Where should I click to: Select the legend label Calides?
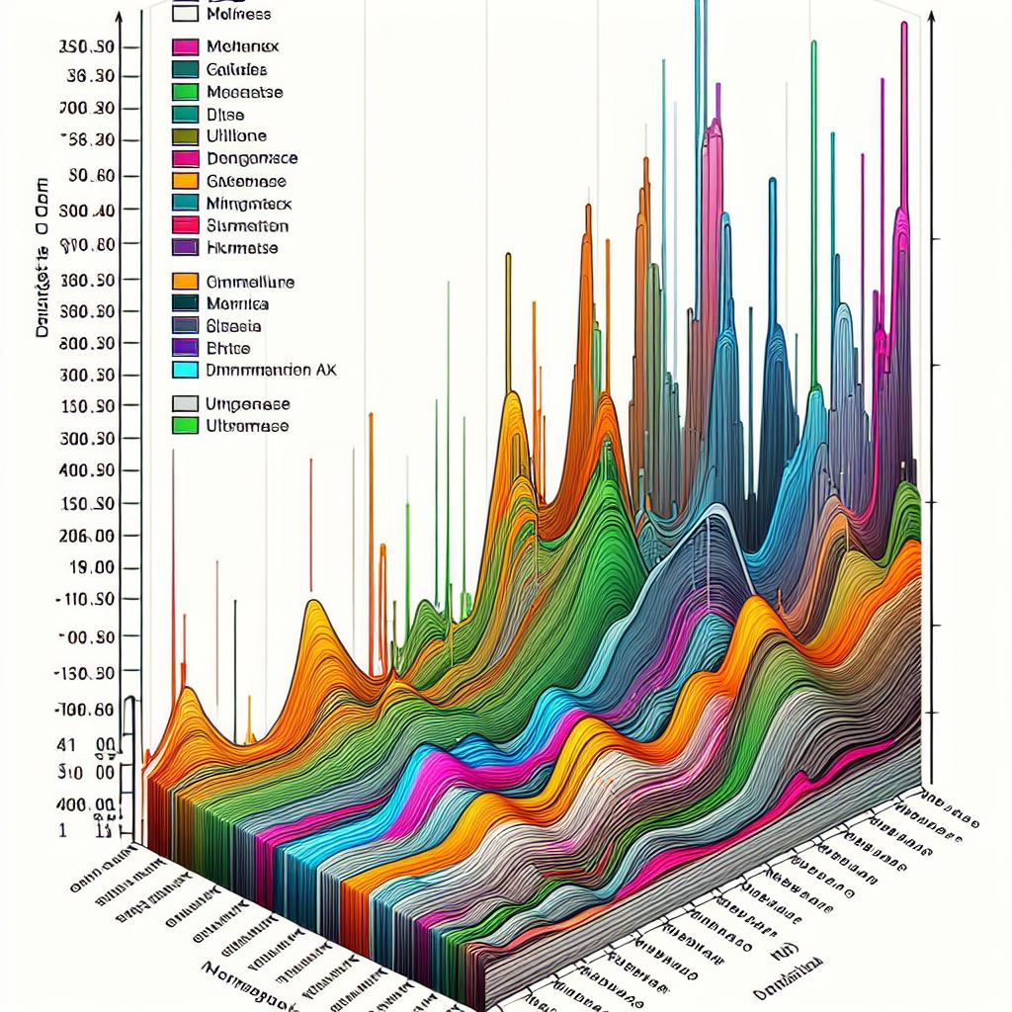(x=237, y=69)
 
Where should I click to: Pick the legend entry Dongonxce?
(x=252, y=158)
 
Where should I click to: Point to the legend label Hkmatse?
(x=243, y=248)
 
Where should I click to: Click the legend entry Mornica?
(x=238, y=303)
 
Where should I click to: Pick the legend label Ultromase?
(x=248, y=426)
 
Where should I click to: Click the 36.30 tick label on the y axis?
(x=89, y=76)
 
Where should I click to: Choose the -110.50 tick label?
(x=87, y=600)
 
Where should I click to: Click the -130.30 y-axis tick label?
(x=86, y=673)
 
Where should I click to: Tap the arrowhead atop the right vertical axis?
(x=932, y=20)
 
